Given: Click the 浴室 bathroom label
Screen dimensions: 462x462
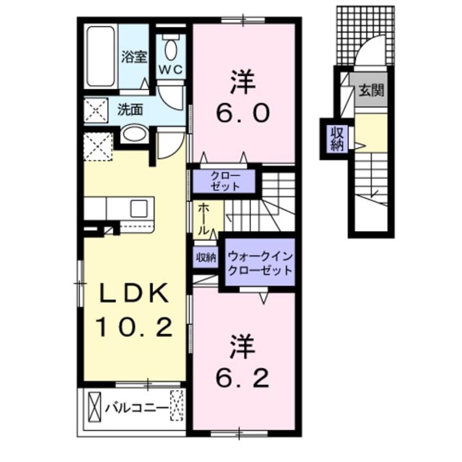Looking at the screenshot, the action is (134, 57).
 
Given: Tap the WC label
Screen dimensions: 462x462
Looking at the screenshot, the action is (171, 70).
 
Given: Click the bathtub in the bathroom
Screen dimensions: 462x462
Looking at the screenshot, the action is (101, 56).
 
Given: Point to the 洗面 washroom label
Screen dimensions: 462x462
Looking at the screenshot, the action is (130, 110).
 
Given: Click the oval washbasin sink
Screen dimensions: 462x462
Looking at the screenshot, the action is (134, 134).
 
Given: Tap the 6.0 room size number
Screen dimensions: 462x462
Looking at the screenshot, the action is (243, 113).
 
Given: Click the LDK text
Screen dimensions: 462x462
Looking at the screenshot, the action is (135, 293).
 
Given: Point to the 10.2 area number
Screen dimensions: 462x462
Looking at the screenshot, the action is (134, 327).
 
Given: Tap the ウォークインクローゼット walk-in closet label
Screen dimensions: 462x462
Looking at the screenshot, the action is (260, 263).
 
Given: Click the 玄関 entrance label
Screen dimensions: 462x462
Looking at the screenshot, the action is (371, 90).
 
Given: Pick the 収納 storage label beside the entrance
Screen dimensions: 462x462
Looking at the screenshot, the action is (337, 139).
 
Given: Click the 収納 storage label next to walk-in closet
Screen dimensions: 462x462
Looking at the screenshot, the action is (206, 258).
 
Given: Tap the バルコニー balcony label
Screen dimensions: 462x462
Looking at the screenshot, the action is (137, 409).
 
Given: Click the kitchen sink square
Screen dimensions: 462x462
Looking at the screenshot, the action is (139, 209).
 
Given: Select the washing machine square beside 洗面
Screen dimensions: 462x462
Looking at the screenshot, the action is (96, 110).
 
